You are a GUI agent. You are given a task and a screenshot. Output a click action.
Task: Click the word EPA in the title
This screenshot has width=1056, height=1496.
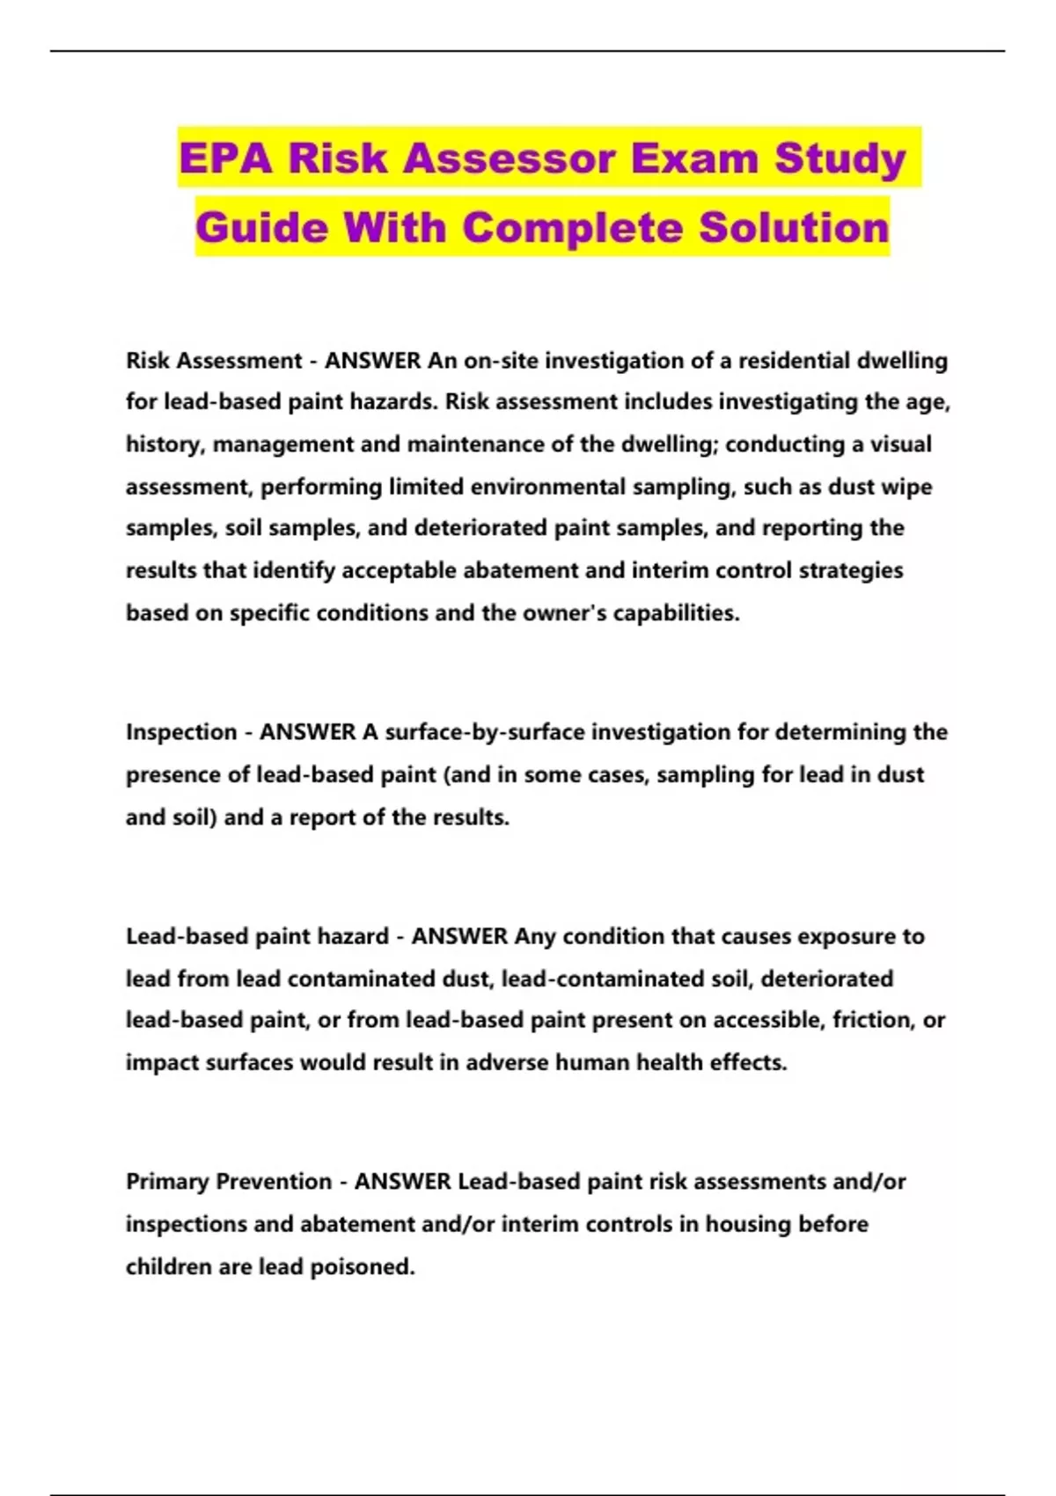(226, 158)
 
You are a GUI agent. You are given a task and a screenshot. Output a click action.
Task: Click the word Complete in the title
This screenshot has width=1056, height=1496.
(573, 227)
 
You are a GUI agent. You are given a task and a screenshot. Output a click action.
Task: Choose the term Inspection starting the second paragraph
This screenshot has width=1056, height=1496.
(181, 732)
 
